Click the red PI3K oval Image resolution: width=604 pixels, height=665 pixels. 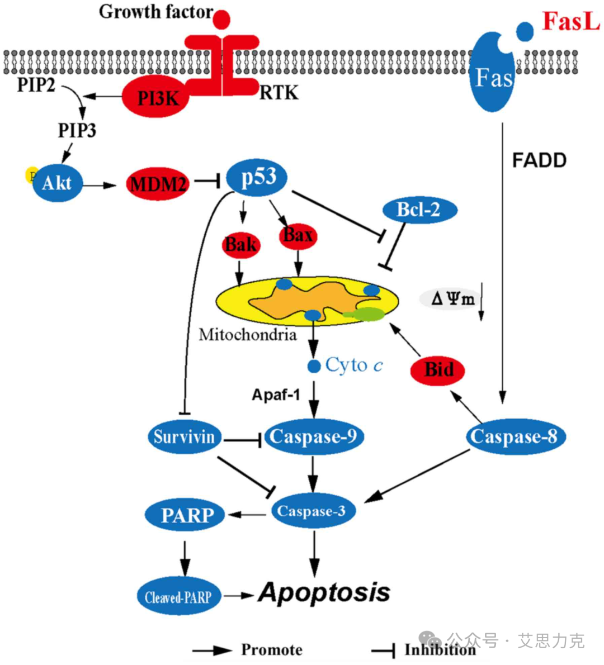point(157,98)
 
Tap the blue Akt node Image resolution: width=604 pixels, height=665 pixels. point(57,183)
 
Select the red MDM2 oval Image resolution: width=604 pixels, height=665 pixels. point(158,183)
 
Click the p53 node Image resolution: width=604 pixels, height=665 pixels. point(258,178)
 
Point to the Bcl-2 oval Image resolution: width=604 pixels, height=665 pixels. point(419,210)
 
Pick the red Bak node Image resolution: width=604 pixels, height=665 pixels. point(240,245)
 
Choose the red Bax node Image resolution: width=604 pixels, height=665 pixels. point(298,235)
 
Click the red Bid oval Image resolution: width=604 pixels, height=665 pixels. point(439,369)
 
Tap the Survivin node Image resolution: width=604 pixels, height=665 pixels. point(184,436)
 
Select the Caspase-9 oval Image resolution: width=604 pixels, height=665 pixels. point(313,436)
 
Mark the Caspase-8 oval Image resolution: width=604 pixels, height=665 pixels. point(514,436)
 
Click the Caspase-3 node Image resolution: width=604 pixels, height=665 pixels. point(312,510)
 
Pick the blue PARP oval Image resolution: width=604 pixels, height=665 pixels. point(186,515)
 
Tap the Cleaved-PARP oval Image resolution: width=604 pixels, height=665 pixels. point(178,597)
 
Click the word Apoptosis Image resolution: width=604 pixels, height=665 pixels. point(324,592)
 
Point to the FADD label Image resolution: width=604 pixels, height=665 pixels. point(539,161)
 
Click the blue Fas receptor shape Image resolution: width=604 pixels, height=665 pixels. point(493,75)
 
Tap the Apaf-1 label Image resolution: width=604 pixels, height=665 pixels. point(276,395)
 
